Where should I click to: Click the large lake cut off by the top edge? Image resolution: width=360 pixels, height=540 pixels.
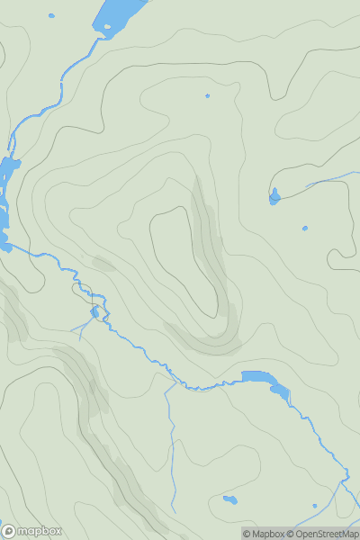click(x=121, y=13)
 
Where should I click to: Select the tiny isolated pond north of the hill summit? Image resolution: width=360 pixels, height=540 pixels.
click(x=207, y=95)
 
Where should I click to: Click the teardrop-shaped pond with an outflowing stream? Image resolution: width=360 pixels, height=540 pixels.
click(x=274, y=195)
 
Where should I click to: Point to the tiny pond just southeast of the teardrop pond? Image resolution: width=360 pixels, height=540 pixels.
click(x=305, y=228)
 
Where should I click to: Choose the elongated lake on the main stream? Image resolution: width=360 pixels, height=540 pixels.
click(x=266, y=382)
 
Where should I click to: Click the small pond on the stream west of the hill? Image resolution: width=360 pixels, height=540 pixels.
click(x=94, y=312)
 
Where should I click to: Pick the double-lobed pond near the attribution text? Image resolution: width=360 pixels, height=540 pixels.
click(x=230, y=499)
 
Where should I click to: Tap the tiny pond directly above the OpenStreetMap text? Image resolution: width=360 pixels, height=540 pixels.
click(x=314, y=506)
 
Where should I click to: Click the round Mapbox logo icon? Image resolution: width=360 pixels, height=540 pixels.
click(x=9, y=531)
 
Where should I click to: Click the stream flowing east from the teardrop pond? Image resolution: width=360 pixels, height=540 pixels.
click(x=315, y=183)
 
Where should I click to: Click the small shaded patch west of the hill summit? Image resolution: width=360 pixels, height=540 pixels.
click(x=103, y=264)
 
